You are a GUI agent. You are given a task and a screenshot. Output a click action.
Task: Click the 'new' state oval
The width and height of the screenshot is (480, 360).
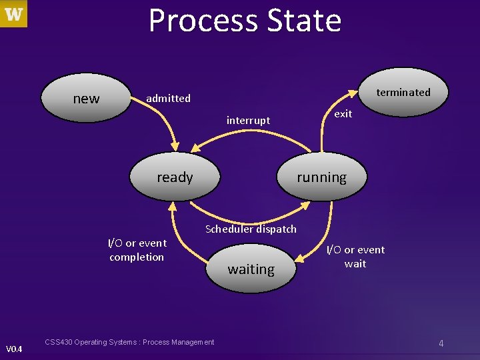click(86, 99)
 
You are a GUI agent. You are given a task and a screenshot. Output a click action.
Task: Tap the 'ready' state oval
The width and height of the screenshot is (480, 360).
click(175, 177)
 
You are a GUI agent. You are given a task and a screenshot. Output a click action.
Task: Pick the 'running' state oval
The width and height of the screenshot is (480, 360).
click(321, 177)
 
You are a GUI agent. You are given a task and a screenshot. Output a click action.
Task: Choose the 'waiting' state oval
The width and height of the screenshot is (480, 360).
click(251, 269)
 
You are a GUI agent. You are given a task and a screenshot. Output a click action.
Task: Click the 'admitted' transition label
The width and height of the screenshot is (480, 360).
click(168, 98)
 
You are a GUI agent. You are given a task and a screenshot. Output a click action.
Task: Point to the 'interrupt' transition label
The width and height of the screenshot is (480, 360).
click(248, 121)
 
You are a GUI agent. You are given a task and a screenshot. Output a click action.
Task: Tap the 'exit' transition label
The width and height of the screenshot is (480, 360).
click(343, 114)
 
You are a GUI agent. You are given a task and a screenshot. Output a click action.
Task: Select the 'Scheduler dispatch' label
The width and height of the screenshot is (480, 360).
click(251, 229)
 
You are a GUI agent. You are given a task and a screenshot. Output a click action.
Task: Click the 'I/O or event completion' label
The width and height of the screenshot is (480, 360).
click(137, 250)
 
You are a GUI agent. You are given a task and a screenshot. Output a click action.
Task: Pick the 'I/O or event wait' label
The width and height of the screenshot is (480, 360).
click(355, 257)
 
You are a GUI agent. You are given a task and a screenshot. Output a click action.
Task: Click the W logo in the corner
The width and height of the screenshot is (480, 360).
click(14, 14)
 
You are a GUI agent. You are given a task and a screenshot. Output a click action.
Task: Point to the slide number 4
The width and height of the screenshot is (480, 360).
click(441, 343)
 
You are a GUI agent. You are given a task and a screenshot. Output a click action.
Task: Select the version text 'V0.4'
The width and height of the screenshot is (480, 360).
click(13, 349)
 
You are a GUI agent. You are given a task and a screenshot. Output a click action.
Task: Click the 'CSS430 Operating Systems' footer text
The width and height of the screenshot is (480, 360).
click(129, 342)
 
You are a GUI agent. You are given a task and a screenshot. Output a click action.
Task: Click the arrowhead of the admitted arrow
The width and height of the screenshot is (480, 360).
click(175, 146)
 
